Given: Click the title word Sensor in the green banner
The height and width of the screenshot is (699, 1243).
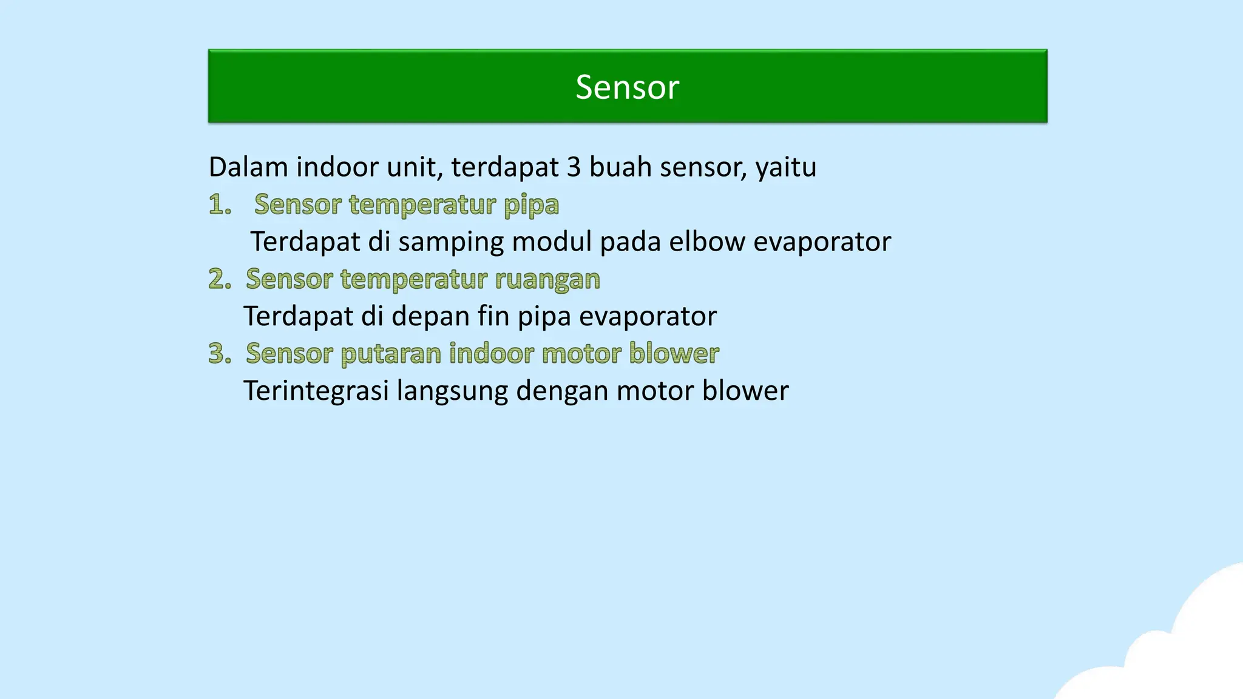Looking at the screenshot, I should [x=627, y=87].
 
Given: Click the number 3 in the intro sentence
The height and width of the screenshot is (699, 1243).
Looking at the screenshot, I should [x=574, y=167].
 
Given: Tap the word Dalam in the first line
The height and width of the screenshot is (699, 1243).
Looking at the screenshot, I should [x=248, y=167].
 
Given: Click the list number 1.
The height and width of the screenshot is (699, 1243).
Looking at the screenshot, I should [x=219, y=204].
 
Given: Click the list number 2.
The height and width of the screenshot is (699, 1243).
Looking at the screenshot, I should [x=220, y=279].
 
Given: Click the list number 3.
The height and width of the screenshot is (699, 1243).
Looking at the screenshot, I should [x=220, y=353].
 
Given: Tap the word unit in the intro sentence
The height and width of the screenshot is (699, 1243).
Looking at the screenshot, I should [x=413, y=167].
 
